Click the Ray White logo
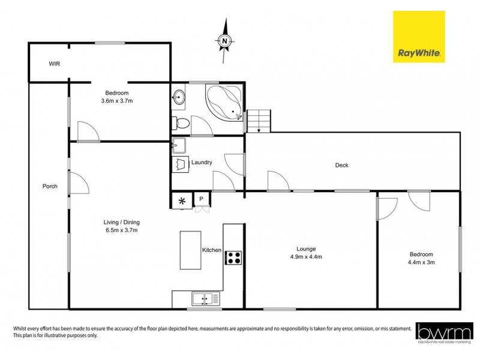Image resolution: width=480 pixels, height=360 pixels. [419, 37]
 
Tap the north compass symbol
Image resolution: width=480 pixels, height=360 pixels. [224, 41]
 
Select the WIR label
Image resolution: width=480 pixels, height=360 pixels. [55, 63]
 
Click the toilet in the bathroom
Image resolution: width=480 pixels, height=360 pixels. [182, 124]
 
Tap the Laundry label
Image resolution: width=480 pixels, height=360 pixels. [202, 163]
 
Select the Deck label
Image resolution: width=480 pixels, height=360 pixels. [341, 165]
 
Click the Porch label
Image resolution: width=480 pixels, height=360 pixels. [50, 186]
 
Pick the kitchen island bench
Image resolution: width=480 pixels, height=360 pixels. [191, 250]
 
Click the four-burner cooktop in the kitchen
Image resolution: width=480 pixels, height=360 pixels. [233, 258]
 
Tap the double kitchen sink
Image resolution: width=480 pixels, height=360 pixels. [205, 298]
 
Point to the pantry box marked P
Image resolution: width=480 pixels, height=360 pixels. [201, 199]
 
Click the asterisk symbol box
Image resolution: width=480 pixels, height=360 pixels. [181, 200]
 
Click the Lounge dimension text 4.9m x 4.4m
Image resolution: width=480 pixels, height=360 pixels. [306, 257]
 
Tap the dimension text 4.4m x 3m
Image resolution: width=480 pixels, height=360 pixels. [421, 262]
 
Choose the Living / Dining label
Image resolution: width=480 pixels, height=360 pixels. [121, 221]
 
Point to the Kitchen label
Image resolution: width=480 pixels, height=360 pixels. [212, 250]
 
